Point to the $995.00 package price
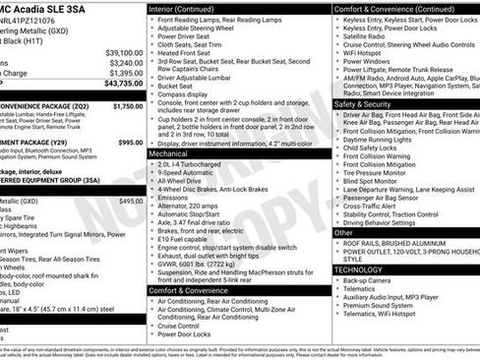(130, 142)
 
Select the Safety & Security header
(363, 103)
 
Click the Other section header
(343, 233)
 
